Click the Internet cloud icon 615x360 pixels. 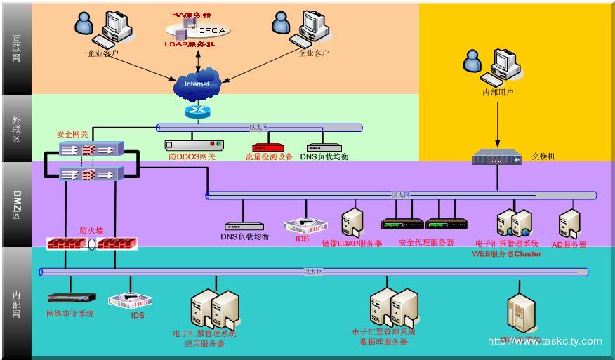(x=197, y=84)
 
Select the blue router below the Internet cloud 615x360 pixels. (x=197, y=111)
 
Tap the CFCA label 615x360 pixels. (x=211, y=31)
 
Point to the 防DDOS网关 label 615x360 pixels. (x=192, y=157)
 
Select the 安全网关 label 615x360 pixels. (x=72, y=133)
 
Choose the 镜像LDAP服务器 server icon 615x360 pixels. (x=352, y=222)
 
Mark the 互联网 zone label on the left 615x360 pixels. (x=16, y=48)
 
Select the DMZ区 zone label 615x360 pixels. (x=16, y=204)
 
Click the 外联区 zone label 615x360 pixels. (x=16, y=128)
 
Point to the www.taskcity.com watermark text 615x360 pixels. (x=545, y=342)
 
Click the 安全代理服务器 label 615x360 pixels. (x=425, y=243)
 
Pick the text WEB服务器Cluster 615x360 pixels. (x=506, y=253)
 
